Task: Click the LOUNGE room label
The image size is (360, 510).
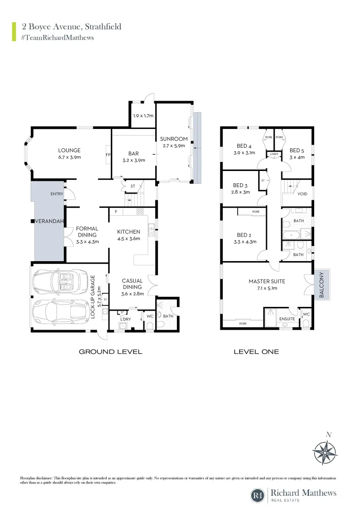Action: point(69,151)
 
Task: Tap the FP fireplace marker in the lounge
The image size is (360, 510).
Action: point(107,154)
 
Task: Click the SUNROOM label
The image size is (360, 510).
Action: point(174,139)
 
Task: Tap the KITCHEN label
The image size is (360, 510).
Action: point(128,232)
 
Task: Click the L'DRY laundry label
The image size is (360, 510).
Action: point(125,320)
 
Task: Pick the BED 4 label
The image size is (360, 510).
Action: point(243,145)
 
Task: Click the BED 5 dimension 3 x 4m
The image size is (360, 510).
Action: point(297,157)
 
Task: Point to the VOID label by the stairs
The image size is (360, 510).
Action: point(302,194)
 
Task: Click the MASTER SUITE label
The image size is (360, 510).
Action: point(267,281)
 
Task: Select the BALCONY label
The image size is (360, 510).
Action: point(322,285)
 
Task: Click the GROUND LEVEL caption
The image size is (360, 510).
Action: point(110,352)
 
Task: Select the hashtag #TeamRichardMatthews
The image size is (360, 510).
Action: point(58,37)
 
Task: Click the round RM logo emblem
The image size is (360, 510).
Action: point(258,495)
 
